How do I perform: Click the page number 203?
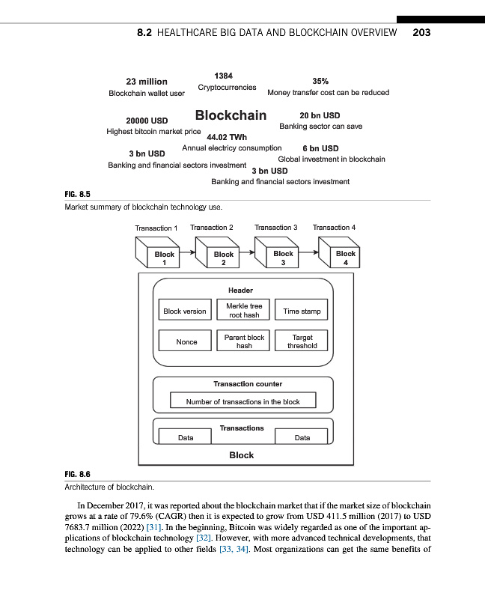421,33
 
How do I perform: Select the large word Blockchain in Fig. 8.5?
231,115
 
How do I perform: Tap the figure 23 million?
147,82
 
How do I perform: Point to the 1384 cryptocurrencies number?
223,76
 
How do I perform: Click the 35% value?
320,82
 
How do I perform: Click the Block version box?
184,311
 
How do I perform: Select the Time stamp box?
302,311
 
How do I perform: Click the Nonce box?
186,342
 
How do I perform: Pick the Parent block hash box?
244,342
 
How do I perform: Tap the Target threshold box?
302,342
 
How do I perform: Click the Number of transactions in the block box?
242,402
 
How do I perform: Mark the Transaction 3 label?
276,227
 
